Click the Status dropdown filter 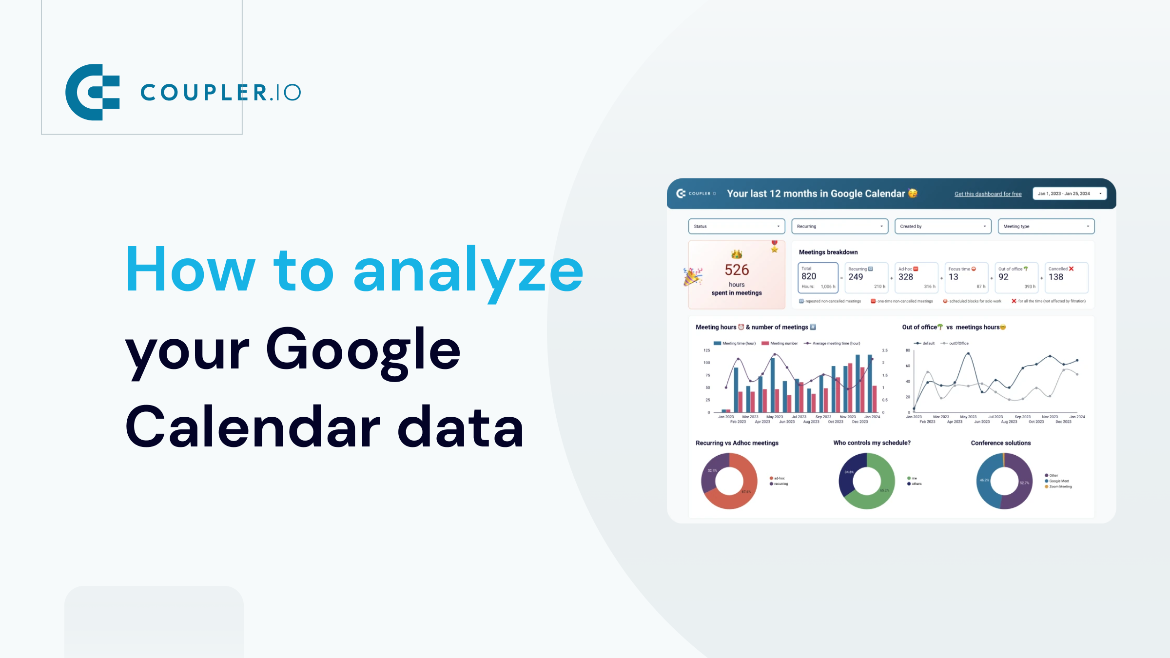[x=736, y=226]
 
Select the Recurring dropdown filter [x=839, y=226]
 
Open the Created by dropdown [x=943, y=226]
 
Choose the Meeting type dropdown [x=1046, y=226]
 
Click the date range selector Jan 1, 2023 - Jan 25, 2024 [x=1069, y=194]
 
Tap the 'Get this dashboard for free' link [x=988, y=194]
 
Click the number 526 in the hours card [x=737, y=270]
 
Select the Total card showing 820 [x=818, y=277]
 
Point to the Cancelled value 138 [x=1056, y=277]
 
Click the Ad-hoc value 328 [x=906, y=277]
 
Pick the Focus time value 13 [x=953, y=277]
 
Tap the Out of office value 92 [x=1003, y=277]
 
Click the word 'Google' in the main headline [x=363, y=350]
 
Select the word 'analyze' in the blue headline [x=468, y=271]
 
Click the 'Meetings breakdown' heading [x=828, y=252]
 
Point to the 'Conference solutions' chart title [x=1001, y=443]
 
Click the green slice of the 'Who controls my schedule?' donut [x=875, y=497]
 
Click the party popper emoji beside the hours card [x=693, y=276]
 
